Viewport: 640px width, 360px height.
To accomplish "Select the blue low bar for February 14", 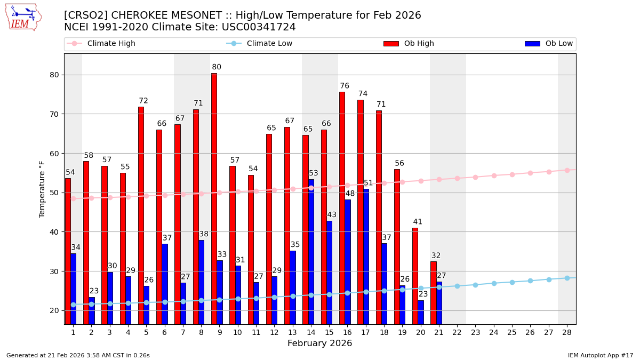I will tap(311, 251).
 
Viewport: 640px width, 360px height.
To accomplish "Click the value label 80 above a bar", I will tap(217, 67).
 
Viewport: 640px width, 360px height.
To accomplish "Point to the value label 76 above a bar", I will tap(345, 86).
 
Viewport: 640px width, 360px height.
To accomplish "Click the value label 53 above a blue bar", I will tap(314, 173).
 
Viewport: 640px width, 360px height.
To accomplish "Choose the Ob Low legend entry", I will tap(549, 44).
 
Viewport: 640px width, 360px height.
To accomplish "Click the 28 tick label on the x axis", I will tap(567, 332).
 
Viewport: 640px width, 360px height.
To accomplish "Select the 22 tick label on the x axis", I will tap(457, 332).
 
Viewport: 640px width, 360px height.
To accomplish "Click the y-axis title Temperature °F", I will tap(43, 189).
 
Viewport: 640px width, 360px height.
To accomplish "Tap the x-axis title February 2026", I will tap(319, 343).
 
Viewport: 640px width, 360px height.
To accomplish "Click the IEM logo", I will tap(23, 17).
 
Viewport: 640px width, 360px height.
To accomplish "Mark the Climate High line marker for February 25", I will tap(512, 174).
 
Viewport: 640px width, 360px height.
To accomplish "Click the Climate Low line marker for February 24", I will tap(494, 283).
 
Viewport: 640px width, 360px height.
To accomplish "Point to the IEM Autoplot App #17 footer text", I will tap(600, 355).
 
